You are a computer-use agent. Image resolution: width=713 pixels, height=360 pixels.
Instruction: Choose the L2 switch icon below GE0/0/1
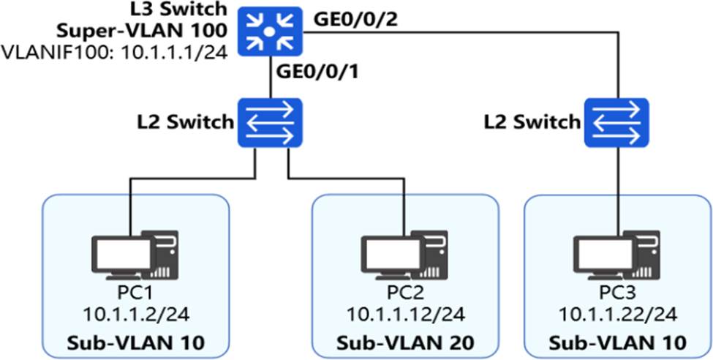click(271, 122)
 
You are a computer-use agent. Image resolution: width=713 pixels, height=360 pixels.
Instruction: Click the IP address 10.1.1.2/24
click(135, 315)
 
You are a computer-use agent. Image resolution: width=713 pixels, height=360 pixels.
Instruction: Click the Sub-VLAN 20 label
click(405, 342)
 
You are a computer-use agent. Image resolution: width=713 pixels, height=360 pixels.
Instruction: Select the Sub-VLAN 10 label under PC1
click(135, 342)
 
